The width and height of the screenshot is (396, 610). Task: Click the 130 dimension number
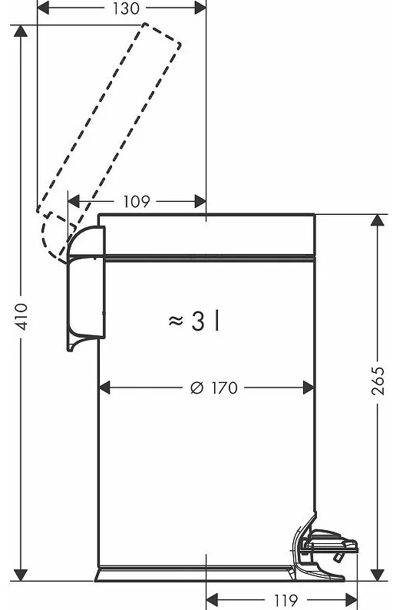(x=126, y=8)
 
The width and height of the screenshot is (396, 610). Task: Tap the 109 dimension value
(x=136, y=202)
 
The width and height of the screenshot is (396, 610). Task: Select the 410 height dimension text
(x=21, y=316)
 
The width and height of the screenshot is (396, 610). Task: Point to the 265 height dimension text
(x=378, y=381)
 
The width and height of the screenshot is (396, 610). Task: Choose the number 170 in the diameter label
(x=224, y=387)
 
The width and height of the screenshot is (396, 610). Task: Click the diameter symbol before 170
(x=197, y=387)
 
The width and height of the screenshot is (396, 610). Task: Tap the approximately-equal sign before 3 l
(x=176, y=321)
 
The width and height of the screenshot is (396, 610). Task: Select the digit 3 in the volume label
(x=197, y=321)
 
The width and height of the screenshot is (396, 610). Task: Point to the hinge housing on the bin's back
(x=87, y=288)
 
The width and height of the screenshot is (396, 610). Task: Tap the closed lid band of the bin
(x=206, y=235)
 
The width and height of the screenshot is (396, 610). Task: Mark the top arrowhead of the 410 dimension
(x=21, y=31)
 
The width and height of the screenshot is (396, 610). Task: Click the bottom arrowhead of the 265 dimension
(x=377, y=575)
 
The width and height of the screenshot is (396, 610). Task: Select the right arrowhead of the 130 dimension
(x=200, y=8)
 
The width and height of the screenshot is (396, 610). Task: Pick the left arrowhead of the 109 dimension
(x=74, y=202)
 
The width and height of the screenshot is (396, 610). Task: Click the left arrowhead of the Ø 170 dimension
(x=104, y=387)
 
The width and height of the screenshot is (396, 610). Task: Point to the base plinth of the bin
(x=194, y=574)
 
